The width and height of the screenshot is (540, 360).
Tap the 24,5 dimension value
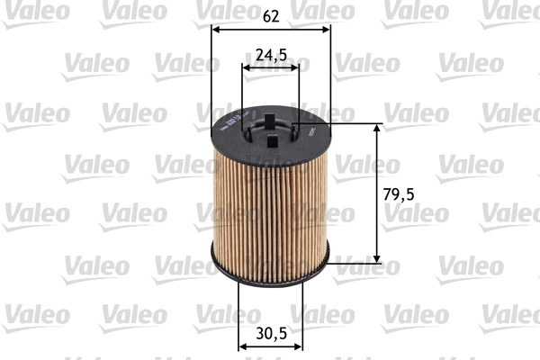click(x=271, y=54)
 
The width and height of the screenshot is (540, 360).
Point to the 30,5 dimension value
click(x=270, y=334)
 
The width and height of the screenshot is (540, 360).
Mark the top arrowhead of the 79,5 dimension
click(x=376, y=127)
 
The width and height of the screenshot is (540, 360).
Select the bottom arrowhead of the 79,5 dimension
click(x=376, y=260)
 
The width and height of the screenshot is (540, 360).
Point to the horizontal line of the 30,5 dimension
click(x=270, y=346)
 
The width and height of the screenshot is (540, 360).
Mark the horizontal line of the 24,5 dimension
click(x=270, y=67)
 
